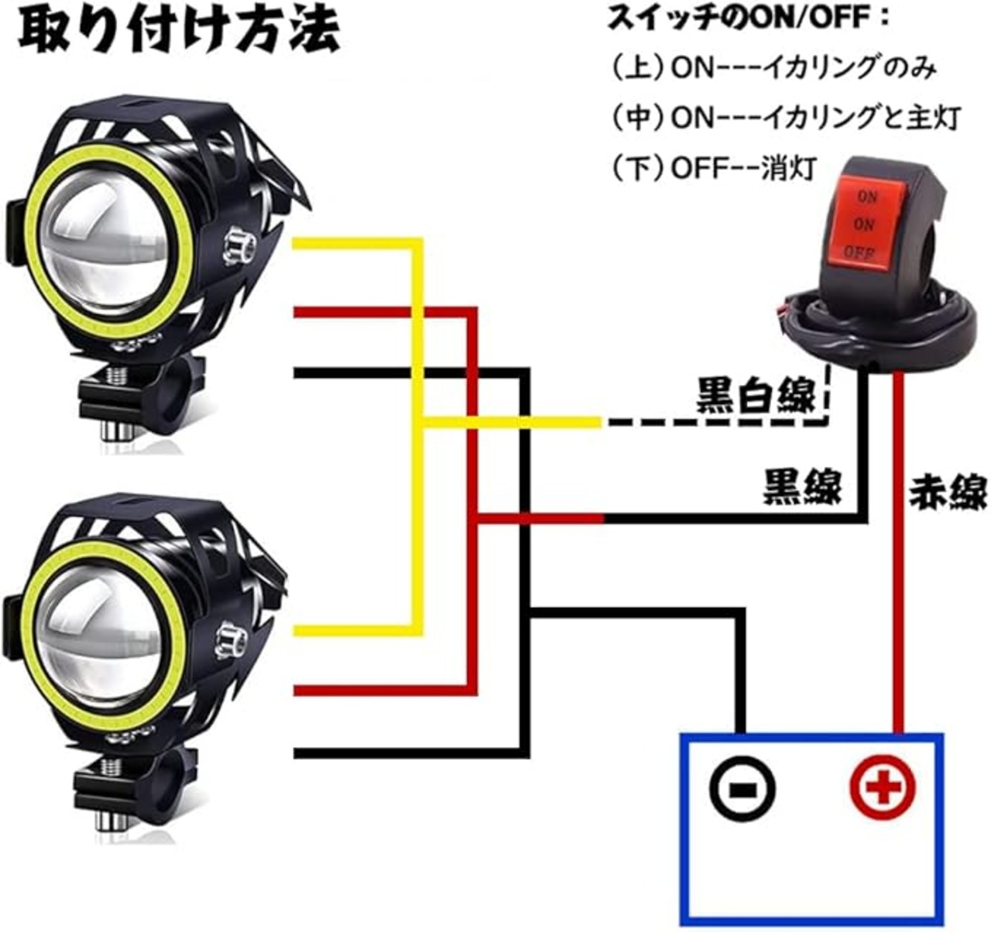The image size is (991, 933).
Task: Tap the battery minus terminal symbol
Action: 742,788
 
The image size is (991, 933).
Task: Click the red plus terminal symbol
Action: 883,788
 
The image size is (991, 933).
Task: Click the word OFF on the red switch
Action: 859,252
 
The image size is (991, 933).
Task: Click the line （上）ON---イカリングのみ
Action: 774,69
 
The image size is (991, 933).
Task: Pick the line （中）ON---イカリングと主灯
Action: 785,118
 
